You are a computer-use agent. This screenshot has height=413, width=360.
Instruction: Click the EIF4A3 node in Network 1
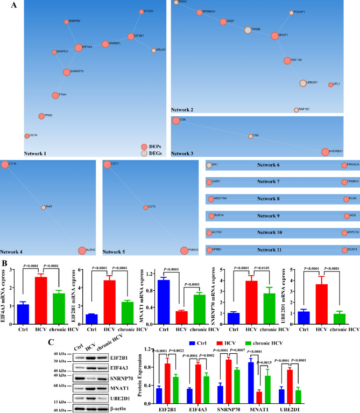(x=79, y=47)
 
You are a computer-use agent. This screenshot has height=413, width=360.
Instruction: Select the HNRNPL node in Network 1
(x=105, y=44)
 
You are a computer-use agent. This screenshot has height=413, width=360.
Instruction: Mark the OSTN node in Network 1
(x=27, y=136)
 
